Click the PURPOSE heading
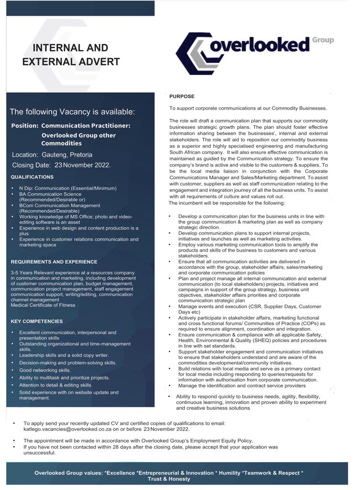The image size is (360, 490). point(182,97)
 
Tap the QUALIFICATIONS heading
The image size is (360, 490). point(32,177)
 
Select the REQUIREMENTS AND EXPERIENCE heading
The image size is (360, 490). point(54,262)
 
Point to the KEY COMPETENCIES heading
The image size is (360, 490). point(37,321)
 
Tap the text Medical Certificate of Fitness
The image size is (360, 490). point(43,305)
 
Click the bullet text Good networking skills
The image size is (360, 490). point(45,370)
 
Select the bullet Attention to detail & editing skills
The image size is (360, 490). point(55,385)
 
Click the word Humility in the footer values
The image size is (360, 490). point(228,473)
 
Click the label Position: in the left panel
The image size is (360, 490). point(25,125)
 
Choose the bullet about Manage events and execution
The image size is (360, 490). point(250,309)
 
